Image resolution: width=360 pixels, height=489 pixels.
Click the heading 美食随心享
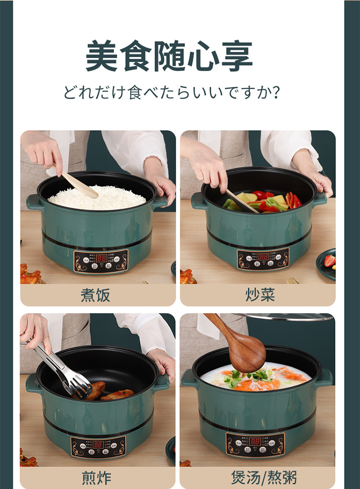coord(169,57)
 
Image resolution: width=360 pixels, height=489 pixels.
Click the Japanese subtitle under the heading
coord(171,92)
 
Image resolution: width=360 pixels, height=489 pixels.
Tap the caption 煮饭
coord(95,295)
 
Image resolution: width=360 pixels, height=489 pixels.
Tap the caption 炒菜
coord(260,295)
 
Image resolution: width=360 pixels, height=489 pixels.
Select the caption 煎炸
coord(96,478)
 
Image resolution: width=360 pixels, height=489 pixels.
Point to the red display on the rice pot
coord(101,258)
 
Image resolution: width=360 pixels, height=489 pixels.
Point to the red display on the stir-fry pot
coord(264,257)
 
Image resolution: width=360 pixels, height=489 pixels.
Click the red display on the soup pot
coord(255,441)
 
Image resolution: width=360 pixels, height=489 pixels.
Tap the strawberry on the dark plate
coord(329,260)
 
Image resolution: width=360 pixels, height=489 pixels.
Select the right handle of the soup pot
coord(324,378)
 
